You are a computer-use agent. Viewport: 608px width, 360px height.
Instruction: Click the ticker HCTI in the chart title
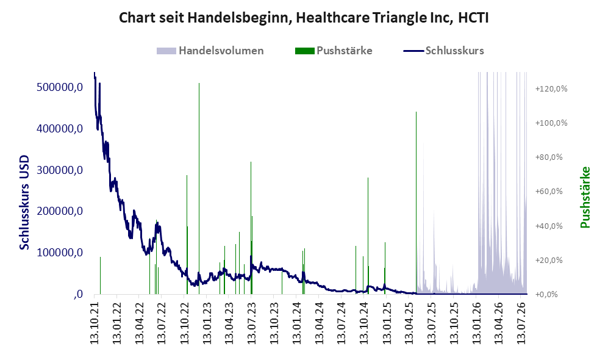[473, 18]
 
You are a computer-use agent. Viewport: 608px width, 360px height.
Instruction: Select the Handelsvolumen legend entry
[210, 51]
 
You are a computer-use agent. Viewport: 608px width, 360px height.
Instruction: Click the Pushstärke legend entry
[334, 51]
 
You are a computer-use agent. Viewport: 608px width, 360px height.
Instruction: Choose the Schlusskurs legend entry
[443, 51]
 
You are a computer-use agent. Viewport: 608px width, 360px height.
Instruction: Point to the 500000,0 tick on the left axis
[60, 87]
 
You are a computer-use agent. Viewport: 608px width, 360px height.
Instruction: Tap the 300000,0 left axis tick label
[60, 170]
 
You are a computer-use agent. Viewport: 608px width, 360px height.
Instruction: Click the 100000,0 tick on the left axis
[60, 253]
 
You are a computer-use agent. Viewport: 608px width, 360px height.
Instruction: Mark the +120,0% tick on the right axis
[551, 89]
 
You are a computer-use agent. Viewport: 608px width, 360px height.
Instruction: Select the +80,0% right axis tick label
[549, 157]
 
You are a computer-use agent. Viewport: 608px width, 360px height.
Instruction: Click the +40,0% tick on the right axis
[549, 226]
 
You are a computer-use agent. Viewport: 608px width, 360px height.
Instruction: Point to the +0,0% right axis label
[546, 295]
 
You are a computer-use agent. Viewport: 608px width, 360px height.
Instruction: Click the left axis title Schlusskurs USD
[24, 203]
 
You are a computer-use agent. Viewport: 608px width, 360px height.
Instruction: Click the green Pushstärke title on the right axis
[585, 198]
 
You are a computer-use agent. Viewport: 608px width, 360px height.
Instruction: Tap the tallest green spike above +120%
[199, 189]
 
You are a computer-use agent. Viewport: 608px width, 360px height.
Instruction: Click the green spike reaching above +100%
[416, 203]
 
